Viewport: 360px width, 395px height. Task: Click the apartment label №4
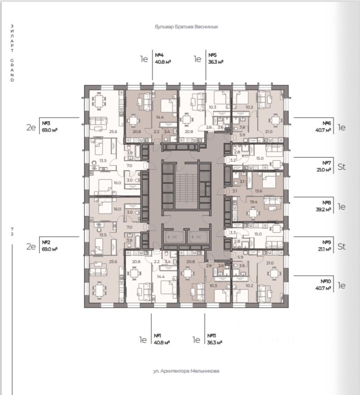click(159, 55)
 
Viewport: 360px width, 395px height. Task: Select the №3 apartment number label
click(46, 123)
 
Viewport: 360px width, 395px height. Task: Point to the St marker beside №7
click(342, 167)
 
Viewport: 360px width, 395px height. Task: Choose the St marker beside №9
click(342, 247)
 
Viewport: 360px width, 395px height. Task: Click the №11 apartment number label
click(211, 336)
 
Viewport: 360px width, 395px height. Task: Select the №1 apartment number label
click(158, 336)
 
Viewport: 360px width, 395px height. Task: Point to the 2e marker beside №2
click(31, 247)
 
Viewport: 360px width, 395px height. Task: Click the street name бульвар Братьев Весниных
click(186, 27)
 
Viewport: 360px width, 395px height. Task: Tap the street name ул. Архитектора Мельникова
click(186, 371)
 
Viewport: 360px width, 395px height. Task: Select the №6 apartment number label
click(326, 123)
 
